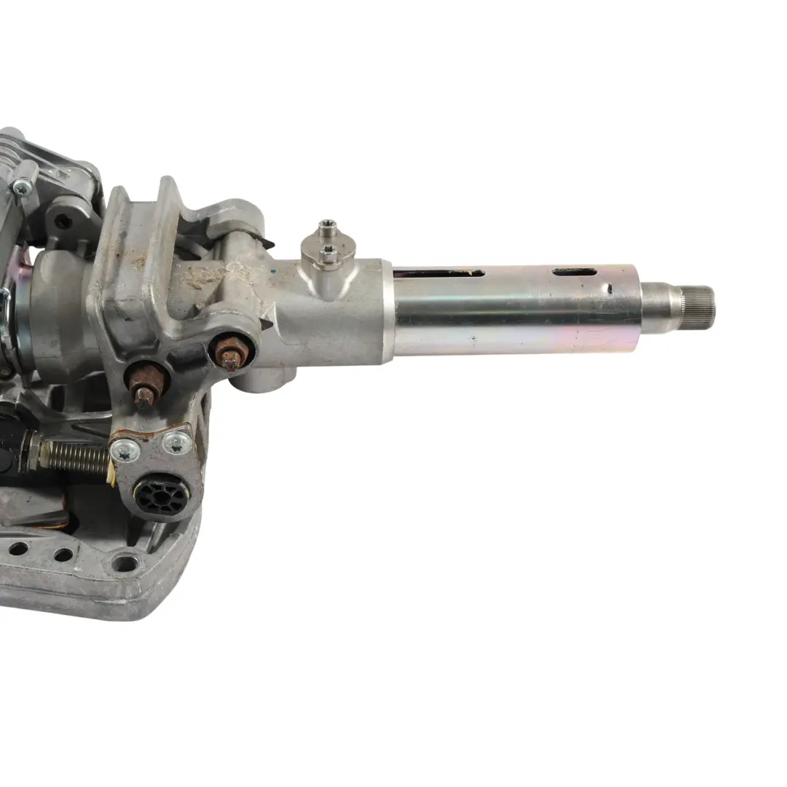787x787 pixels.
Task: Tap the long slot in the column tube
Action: pos(439,273)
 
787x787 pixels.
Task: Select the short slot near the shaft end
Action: pos(574,272)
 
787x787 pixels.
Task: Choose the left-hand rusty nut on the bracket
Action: pos(146,384)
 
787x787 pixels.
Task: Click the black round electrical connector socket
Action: pos(161,496)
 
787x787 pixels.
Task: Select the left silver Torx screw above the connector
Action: pos(125,453)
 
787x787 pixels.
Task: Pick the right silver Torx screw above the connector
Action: pos(176,442)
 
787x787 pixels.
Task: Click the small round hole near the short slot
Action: pos(609,289)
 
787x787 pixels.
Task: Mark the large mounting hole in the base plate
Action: pos(125,563)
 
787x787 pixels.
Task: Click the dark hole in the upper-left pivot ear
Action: pos(63,220)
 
